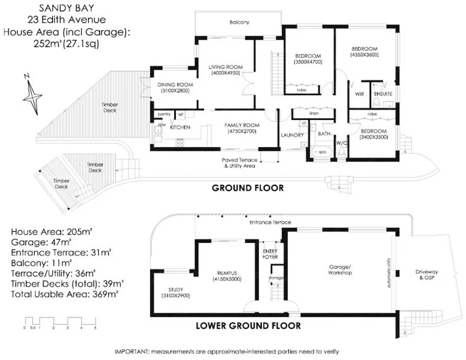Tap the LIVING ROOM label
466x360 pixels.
pyautogui.click(x=225, y=67)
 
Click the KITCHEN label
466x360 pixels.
pyautogui.click(x=180, y=128)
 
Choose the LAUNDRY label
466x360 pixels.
pyautogui.click(x=292, y=135)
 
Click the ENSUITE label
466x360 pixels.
pyautogui.click(x=383, y=94)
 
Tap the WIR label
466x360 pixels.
pyautogui.click(x=360, y=94)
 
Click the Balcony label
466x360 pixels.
pyautogui.click(x=239, y=22)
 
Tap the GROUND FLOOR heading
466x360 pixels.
pyautogui.click(x=247, y=188)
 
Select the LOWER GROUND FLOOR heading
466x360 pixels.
pyautogui.click(x=249, y=326)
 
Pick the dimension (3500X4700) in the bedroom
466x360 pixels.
pyautogui.click(x=309, y=62)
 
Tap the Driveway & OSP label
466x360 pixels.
pyautogui.click(x=427, y=275)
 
